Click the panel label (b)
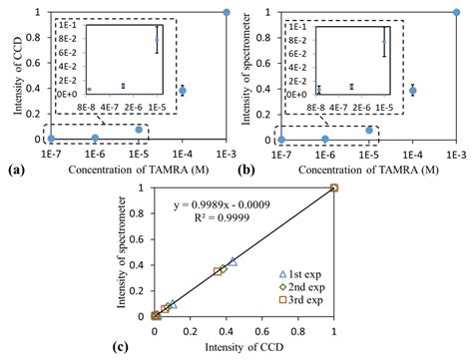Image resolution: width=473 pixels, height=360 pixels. tap(249, 172)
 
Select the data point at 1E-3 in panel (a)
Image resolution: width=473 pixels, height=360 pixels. tap(227, 12)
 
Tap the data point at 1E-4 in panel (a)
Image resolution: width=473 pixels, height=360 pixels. tap(183, 90)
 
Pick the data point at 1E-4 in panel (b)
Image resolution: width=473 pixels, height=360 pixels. tap(413, 90)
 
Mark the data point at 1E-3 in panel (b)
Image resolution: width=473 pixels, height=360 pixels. tap(456, 12)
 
